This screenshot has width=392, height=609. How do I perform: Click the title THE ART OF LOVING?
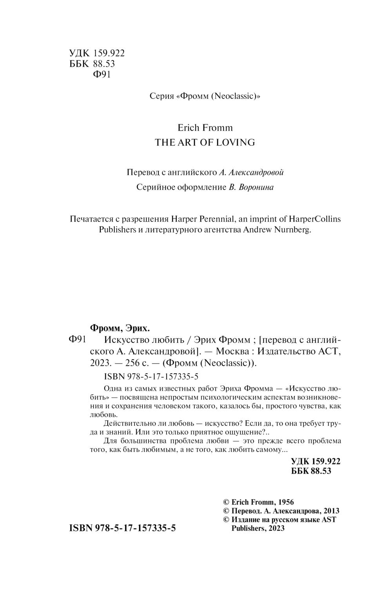coord(205,142)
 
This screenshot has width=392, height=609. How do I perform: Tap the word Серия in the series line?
coord(162,96)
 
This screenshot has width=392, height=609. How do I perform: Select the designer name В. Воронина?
coord(251,187)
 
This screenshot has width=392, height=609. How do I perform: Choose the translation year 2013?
coord(331,511)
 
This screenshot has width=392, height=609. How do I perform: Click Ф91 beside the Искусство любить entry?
coord(77,340)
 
